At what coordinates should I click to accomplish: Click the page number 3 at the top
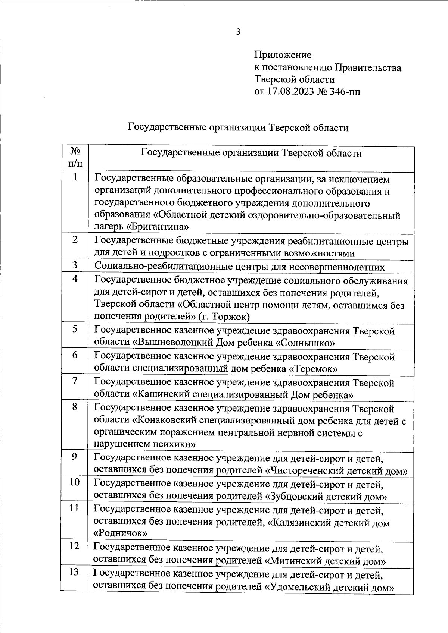(238, 32)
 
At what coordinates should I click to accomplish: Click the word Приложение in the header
(283, 55)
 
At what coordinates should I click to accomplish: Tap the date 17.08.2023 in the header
(290, 91)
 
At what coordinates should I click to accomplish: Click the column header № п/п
(75, 157)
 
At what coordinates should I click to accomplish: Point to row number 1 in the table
(75, 177)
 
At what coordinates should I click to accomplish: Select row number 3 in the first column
(75, 265)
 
